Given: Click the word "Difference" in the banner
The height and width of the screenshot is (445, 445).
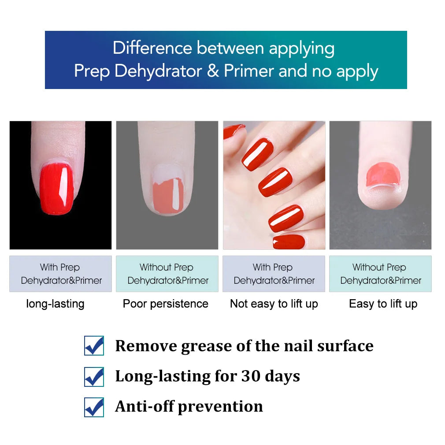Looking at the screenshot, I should tap(152, 48).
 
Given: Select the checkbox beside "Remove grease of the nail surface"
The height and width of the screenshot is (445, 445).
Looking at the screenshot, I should tap(94, 346).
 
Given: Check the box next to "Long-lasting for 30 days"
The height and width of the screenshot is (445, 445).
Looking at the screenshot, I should tap(94, 377).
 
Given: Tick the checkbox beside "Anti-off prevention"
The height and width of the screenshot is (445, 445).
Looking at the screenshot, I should tap(94, 407).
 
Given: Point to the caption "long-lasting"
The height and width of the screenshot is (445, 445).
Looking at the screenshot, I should tap(55, 304).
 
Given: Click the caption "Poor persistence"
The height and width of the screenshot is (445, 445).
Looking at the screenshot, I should tap(166, 304).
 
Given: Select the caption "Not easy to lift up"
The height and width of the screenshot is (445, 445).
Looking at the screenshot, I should tap(274, 304).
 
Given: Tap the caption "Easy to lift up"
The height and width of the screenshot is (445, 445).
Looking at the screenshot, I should tap(383, 304).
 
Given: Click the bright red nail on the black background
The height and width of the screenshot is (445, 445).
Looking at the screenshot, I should tap(57, 188).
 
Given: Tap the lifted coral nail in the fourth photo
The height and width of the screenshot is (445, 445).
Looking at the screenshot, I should tap(382, 174).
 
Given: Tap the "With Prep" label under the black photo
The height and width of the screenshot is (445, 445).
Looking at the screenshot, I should tap(59, 267).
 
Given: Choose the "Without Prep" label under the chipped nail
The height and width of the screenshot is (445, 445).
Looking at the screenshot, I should tap(167, 267).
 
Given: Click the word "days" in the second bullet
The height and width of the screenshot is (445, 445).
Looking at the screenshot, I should tap(282, 377).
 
